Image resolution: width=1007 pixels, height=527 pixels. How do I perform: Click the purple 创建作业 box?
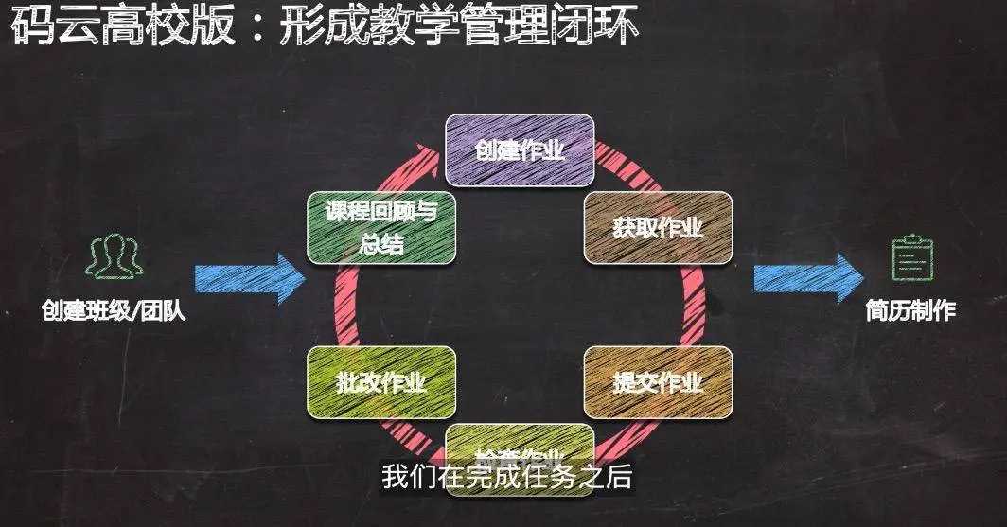pyautogui.click(x=520, y=149)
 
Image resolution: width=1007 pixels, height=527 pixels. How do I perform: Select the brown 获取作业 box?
pyautogui.click(x=658, y=228)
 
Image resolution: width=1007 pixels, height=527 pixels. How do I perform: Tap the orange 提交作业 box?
pyautogui.click(x=658, y=382)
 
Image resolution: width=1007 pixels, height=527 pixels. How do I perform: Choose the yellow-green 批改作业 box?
pyautogui.click(x=381, y=382)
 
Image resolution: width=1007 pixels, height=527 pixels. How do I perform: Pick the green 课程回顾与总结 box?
pyautogui.click(x=381, y=228)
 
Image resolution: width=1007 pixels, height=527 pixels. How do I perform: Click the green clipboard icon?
pyautogui.click(x=908, y=256)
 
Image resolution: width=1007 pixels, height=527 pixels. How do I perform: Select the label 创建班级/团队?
pyautogui.click(x=113, y=311)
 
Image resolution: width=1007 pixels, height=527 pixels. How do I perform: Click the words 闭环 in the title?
pyautogui.click(x=603, y=27)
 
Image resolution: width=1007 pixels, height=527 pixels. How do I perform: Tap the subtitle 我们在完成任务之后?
pyautogui.click(x=506, y=477)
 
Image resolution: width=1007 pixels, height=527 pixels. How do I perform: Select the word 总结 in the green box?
pyautogui.click(x=381, y=244)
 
